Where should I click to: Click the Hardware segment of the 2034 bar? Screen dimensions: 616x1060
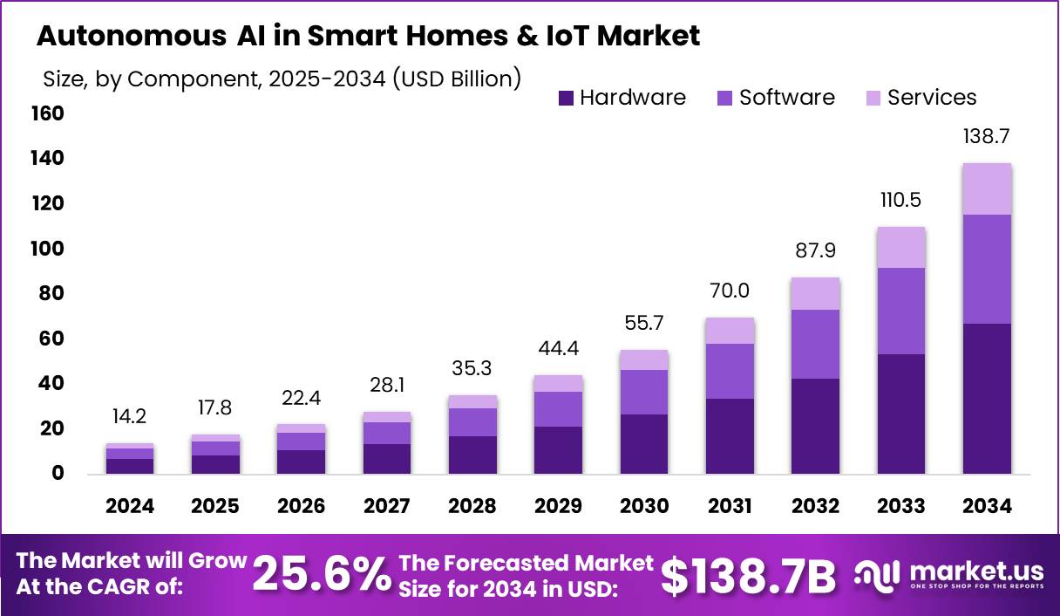[x=987, y=399]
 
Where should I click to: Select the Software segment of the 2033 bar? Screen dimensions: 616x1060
[x=901, y=311]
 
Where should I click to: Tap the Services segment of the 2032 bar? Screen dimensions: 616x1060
[x=816, y=294]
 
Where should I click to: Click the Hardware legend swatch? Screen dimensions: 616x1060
[x=566, y=98]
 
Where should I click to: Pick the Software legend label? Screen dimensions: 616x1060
[x=787, y=98]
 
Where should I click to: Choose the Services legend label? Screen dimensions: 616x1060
[x=932, y=98]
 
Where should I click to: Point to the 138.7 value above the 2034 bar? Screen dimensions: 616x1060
[x=987, y=137]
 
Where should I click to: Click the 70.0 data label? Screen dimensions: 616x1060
[x=730, y=291]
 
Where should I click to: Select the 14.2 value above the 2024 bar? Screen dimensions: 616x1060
[x=130, y=417]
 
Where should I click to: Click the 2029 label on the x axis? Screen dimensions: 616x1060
[x=559, y=507]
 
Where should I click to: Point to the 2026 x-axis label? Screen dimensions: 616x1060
[x=301, y=507]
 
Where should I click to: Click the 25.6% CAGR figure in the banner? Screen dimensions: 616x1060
[x=321, y=575]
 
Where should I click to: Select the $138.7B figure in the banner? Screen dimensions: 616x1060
[x=748, y=575]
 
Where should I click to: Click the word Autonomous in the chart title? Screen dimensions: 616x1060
[x=130, y=36]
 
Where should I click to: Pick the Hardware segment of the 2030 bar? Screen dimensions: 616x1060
[x=644, y=444]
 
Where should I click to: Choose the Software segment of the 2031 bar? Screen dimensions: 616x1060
[x=730, y=371]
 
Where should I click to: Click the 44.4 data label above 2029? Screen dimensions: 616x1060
[x=559, y=348]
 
